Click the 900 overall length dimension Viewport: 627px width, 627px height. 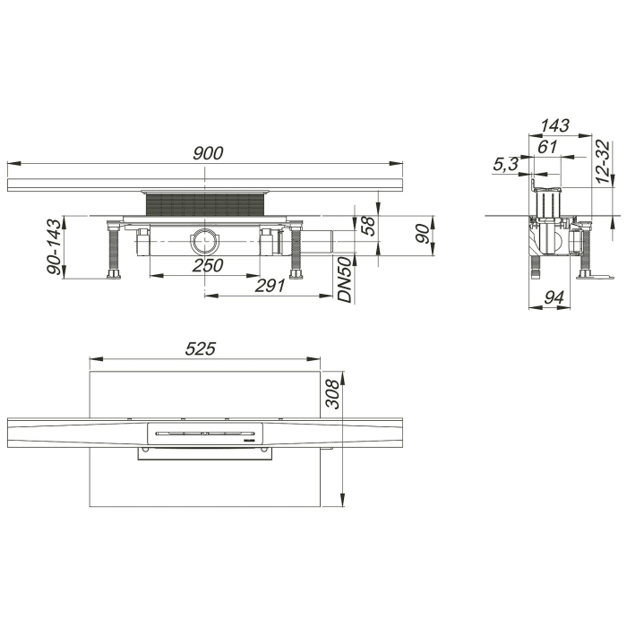(x=207, y=152)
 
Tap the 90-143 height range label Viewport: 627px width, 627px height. (x=55, y=247)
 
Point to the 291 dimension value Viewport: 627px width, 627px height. (x=270, y=286)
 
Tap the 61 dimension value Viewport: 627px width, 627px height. (x=548, y=146)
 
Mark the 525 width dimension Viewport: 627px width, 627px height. (x=202, y=349)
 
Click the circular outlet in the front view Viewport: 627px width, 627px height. (x=202, y=239)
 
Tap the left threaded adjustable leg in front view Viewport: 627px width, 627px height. (x=114, y=250)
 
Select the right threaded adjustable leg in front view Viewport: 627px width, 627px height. (x=296, y=250)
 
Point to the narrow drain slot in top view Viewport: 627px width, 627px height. (x=204, y=433)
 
